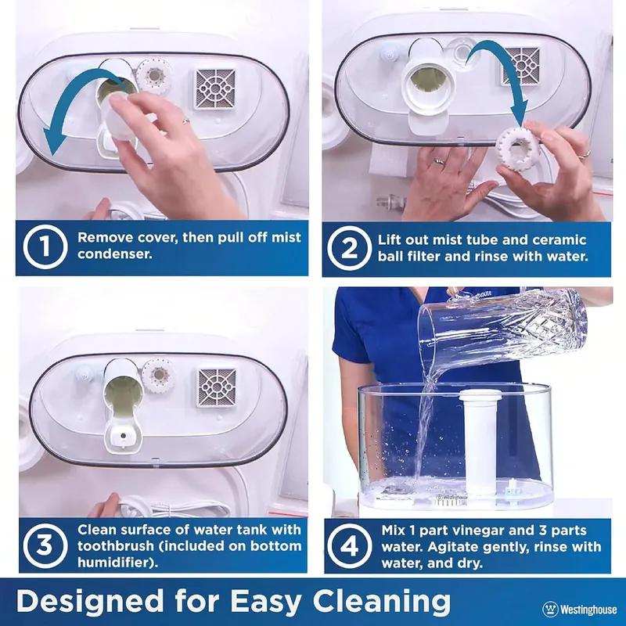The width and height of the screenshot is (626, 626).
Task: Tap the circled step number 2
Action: coord(348,247)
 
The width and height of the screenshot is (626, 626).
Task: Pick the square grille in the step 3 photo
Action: coord(217,387)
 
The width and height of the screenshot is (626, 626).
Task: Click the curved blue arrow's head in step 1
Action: coord(53,145)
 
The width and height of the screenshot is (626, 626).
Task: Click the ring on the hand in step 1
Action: coord(185,121)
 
